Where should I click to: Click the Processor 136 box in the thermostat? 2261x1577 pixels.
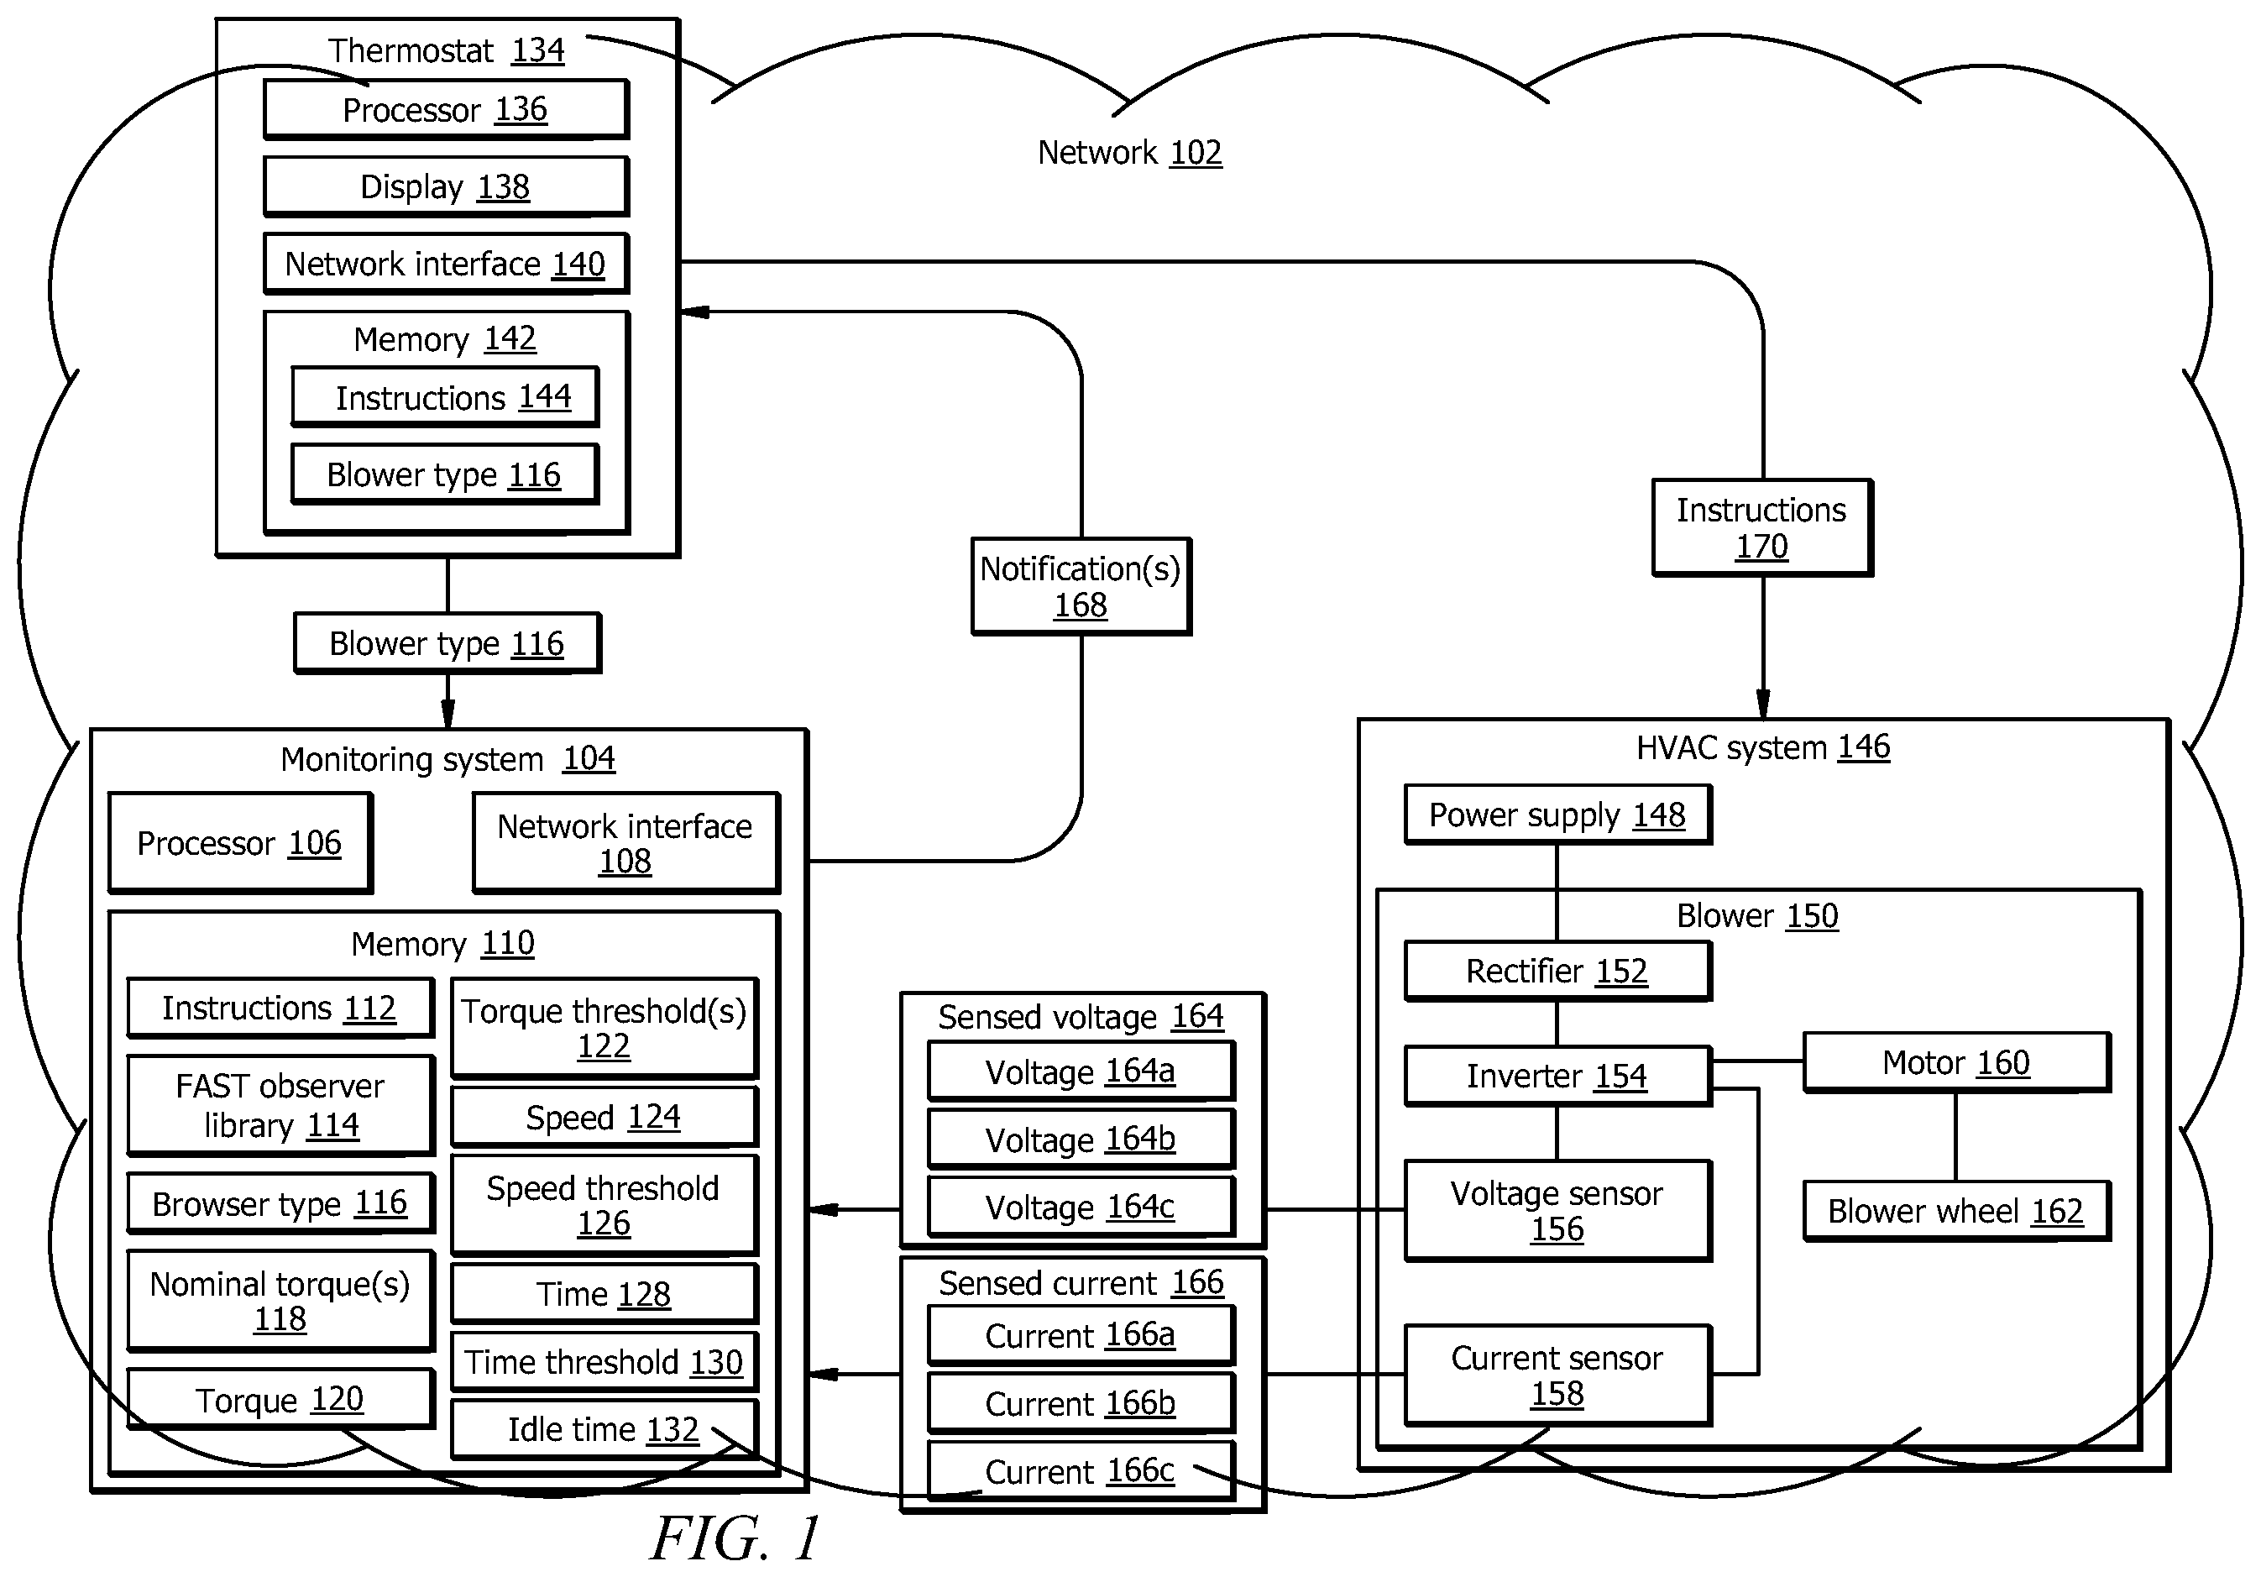coord(446,109)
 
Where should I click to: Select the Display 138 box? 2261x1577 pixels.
coord(446,186)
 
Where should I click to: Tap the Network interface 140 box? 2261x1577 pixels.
coord(446,263)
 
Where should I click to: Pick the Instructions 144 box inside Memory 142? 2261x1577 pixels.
coord(445,397)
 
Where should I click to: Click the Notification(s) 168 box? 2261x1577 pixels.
coord(1081,586)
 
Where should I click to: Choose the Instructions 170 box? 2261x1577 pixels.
coord(1761,527)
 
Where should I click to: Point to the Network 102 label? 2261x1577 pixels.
coord(1129,153)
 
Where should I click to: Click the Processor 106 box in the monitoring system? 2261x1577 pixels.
coord(240,843)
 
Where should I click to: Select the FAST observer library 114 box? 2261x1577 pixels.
coord(280,1105)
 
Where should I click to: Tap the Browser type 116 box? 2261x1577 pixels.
coord(280,1202)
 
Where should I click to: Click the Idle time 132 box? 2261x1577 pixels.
coord(604,1429)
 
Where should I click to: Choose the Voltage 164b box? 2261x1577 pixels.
coord(1081,1140)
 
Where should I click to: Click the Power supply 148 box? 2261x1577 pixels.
coord(1558,815)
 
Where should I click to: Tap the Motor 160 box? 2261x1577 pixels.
coord(1957,1062)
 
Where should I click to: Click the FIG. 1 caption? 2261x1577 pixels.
coord(735,1538)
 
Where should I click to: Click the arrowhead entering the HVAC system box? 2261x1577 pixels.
coord(1763,705)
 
